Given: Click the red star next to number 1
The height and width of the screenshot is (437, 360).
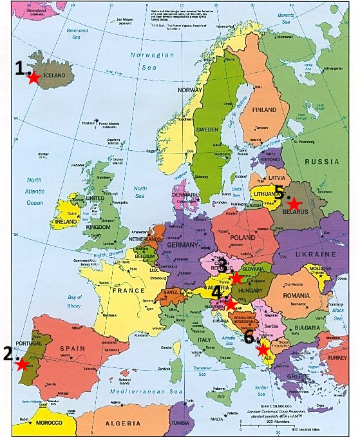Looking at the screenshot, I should (x=33, y=78).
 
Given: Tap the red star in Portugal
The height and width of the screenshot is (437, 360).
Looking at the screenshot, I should (x=22, y=364).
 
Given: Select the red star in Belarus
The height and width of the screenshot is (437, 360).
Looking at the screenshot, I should (x=294, y=204).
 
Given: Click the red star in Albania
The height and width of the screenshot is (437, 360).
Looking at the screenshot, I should (x=263, y=350).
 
